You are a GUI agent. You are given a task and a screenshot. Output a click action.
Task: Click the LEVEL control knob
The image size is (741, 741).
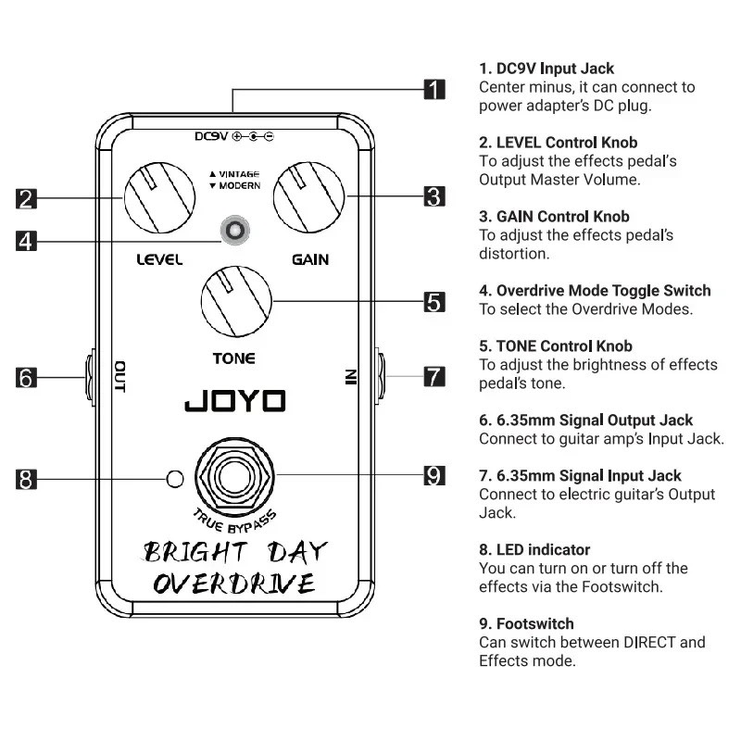(160, 196)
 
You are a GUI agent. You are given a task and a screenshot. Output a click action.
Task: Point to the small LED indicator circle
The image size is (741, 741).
(173, 479)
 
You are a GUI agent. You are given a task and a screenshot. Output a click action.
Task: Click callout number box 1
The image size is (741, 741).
(434, 90)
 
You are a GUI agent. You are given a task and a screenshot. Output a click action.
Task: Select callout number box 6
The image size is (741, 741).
(27, 378)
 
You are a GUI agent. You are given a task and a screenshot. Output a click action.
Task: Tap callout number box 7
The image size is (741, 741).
(434, 378)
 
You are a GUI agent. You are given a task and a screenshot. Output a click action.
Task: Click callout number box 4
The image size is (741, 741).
(27, 240)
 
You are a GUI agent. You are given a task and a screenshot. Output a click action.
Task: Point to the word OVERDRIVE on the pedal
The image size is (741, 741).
(233, 584)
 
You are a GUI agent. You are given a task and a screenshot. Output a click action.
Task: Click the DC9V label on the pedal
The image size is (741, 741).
(211, 136)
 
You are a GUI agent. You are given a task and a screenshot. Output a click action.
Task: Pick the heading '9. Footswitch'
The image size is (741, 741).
(526, 624)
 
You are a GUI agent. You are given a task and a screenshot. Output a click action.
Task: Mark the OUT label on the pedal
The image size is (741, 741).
(119, 377)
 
